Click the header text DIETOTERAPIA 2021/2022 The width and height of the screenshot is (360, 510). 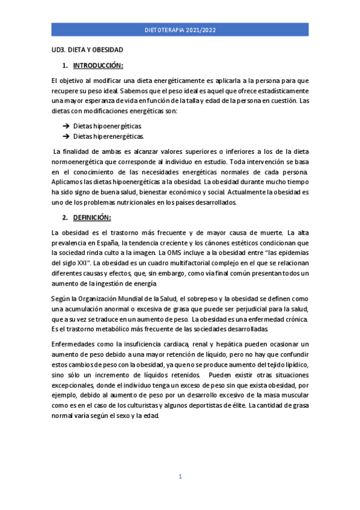tap(180, 29)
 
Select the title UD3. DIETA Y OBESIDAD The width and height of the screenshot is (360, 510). tap(87, 52)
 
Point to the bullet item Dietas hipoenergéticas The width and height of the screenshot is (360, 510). tap(108, 126)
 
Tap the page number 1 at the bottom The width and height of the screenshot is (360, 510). tap(180, 477)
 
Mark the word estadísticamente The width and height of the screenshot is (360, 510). tap(282, 90)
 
